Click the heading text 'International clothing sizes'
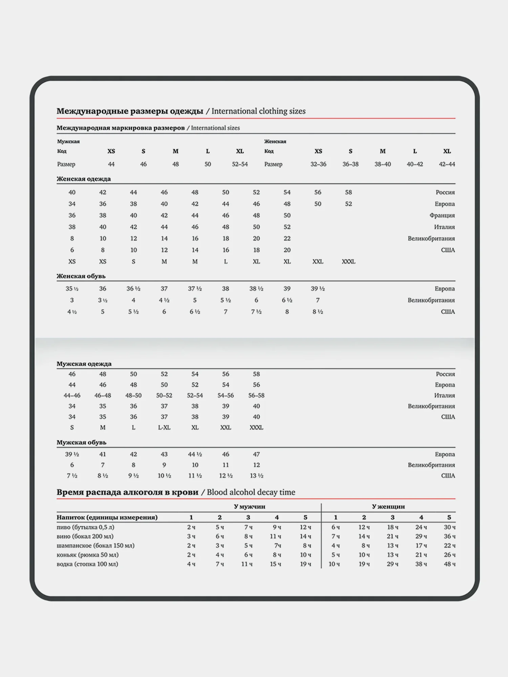[x=258, y=111]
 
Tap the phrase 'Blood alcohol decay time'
[x=251, y=492]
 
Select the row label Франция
[x=442, y=215]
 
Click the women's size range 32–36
[x=318, y=164]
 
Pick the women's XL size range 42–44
[x=447, y=164]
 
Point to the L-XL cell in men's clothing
[x=164, y=428]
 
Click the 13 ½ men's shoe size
[x=256, y=476]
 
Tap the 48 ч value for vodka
[x=449, y=564]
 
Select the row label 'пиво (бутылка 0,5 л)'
[x=85, y=527]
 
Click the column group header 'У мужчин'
[x=250, y=506]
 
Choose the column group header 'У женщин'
[x=388, y=506]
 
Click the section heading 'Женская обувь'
[x=81, y=276]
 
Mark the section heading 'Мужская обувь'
[x=81, y=442]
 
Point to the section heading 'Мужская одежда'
[x=84, y=364]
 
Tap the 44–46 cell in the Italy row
[x=72, y=395]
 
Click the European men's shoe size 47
[x=256, y=454]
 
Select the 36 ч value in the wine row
[x=449, y=536]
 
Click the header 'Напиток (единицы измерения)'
[x=107, y=517]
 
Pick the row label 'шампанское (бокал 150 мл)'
[x=96, y=545]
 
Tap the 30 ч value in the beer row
[x=449, y=527]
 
